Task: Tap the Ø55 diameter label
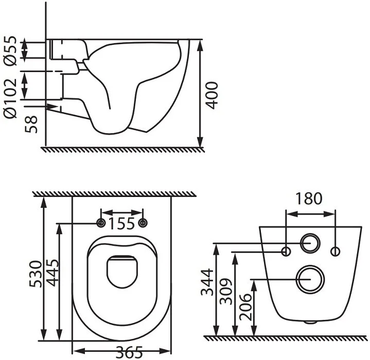[11, 50]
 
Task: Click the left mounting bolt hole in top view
[101, 223]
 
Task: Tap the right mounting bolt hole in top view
[144, 223]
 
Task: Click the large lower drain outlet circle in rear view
[311, 279]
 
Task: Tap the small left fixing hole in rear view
[288, 251]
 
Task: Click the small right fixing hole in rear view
[336, 251]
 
